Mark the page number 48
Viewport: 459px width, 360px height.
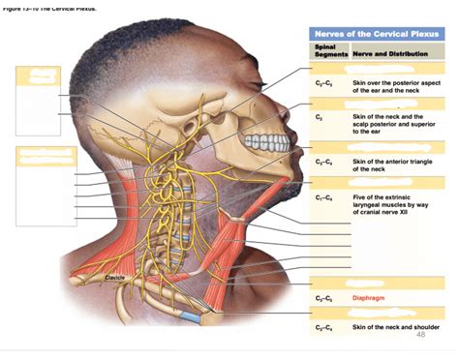(x=420, y=335)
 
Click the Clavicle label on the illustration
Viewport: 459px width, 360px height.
(x=116, y=279)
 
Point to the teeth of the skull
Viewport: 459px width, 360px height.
(x=264, y=144)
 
